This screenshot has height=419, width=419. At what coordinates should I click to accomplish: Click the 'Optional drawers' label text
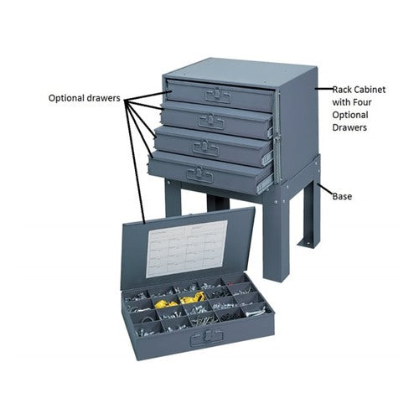84,98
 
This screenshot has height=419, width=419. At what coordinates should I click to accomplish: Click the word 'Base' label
342,196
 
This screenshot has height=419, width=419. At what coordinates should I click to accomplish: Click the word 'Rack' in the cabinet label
342,90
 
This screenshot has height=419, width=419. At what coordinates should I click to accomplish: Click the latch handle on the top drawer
218,96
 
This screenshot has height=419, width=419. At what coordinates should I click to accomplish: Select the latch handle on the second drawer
211,122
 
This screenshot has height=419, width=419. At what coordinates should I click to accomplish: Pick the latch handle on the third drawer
205,147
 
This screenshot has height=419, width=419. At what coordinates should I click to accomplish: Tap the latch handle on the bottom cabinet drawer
200,174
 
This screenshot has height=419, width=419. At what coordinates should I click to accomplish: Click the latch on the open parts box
206,339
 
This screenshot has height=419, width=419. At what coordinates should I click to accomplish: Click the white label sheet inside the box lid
187,249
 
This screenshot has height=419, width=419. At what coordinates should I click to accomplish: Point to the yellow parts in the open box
180,300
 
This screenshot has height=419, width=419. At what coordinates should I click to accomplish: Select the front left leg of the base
173,199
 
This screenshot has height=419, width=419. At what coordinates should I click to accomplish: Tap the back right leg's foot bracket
308,244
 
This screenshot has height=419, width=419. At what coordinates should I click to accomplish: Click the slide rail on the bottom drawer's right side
265,185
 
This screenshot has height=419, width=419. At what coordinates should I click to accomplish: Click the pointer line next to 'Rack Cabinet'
324,89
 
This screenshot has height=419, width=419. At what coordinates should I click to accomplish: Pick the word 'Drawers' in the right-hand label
349,127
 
